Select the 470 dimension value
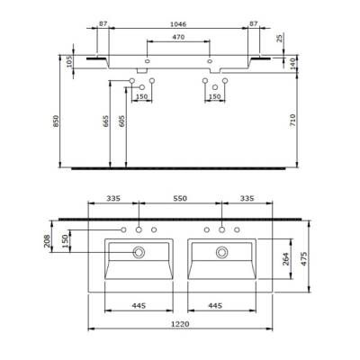pos(178,38)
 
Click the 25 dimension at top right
pos(280,39)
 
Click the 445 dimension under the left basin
pos(138,305)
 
